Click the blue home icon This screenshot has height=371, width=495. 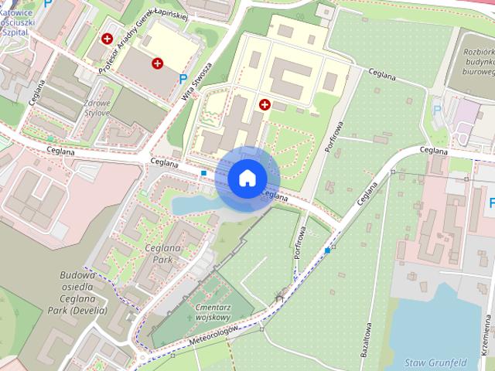(x=247, y=179)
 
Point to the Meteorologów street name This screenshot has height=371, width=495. (x=213, y=338)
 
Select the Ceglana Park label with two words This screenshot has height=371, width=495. (x=158, y=254)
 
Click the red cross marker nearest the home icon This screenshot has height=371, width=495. (x=265, y=104)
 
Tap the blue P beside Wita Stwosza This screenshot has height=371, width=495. (x=183, y=78)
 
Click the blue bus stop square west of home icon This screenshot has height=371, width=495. (x=203, y=172)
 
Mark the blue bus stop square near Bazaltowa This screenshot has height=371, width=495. (x=328, y=250)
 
